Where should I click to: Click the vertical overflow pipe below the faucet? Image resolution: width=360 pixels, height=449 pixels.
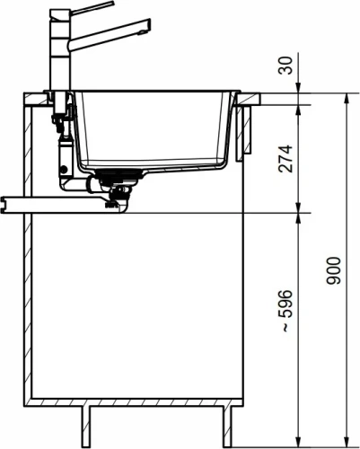(x=64, y=148)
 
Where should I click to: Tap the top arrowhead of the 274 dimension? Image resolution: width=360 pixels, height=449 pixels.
(x=297, y=108)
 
